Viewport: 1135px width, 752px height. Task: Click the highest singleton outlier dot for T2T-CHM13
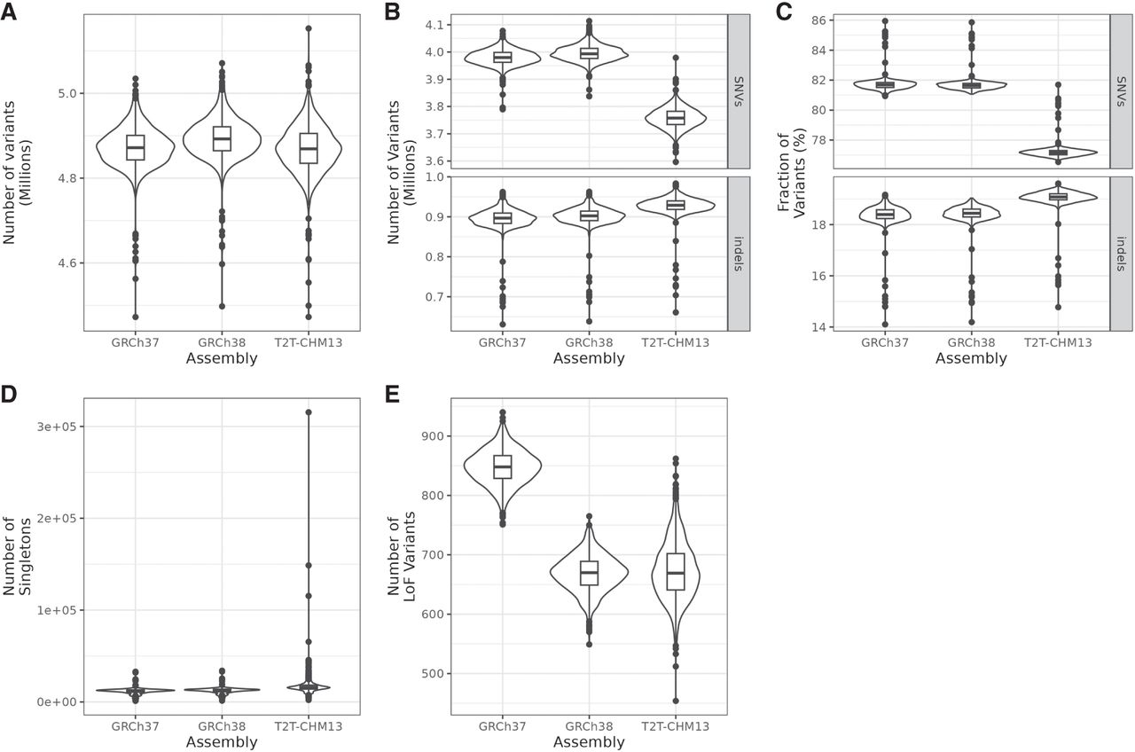point(309,412)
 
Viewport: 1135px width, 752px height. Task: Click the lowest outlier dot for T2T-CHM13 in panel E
point(676,701)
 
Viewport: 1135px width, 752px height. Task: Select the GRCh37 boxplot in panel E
point(503,466)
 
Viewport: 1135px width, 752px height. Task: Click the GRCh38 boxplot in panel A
point(222,138)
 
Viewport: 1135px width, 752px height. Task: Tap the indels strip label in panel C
point(1123,252)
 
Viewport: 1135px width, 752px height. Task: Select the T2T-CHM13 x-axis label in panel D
point(309,725)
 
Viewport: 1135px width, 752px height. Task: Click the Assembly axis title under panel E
point(589,742)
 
